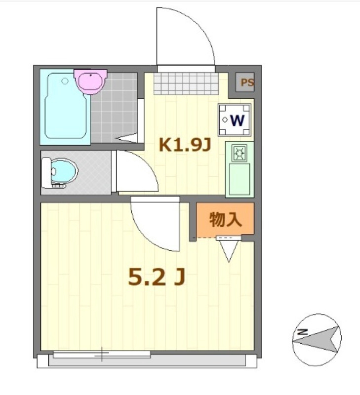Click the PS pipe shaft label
246,83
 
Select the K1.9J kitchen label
185,145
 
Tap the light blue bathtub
66,107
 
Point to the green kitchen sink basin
240,179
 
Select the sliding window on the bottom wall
102,354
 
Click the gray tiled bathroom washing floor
114,106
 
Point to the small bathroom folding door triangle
127,139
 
